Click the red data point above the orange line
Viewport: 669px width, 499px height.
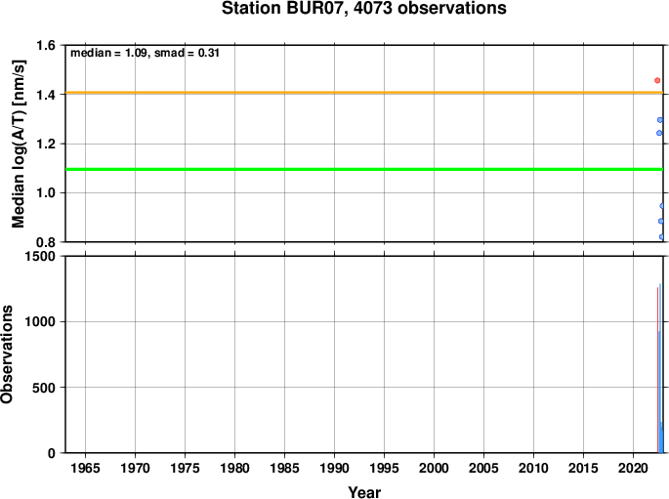click(x=657, y=80)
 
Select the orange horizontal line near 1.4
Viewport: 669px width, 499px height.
click(x=364, y=93)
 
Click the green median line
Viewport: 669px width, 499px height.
click(x=364, y=169)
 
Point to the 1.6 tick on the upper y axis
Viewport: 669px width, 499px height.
click(x=46, y=45)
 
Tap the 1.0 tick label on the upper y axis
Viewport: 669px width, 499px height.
click(x=46, y=192)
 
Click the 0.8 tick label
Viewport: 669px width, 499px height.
click(x=46, y=242)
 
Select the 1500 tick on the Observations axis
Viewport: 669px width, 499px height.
click(x=40, y=256)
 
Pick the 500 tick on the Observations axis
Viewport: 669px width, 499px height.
click(x=44, y=388)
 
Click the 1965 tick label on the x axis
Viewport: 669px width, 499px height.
click(x=85, y=468)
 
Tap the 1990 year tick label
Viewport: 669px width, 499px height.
click(x=334, y=468)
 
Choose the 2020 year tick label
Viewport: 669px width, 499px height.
click(x=633, y=468)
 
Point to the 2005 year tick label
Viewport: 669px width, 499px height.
click(x=483, y=468)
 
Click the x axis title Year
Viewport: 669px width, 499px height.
click(x=364, y=492)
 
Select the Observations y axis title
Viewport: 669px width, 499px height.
click(x=7, y=354)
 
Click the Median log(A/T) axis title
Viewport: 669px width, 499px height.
click(x=19, y=144)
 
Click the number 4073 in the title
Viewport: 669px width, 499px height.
click(x=373, y=8)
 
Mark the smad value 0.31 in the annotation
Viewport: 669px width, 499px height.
click(x=209, y=53)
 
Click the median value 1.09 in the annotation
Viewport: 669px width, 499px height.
click(x=136, y=53)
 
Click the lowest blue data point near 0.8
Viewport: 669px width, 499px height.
click(x=662, y=236)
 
